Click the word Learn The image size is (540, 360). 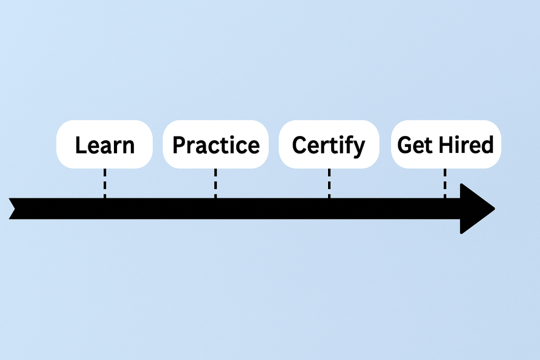point(105,145)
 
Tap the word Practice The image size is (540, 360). point(216,145)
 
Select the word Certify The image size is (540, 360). point(328,146)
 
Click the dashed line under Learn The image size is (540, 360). point(105,183)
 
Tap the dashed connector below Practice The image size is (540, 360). point(215,183)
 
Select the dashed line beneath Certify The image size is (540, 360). point(329,183)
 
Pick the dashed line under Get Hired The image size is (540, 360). point(445,183)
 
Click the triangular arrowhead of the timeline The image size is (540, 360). point(475,209)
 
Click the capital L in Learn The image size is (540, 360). point(81,145)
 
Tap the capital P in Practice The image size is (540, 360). point(179,145)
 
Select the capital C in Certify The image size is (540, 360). point(300,145)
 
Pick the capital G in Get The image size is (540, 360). point(405,145)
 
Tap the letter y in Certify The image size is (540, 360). point(358,149)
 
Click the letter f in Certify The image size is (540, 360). point(346,144)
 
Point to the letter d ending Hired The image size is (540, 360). point(487,144)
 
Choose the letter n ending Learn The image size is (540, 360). point(128,147)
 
